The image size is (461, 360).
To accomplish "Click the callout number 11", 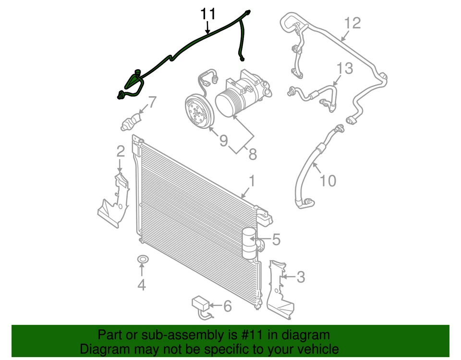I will coord(208,14).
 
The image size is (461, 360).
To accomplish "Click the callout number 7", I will coord(151,102).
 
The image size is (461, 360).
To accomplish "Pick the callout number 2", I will coord(121,152).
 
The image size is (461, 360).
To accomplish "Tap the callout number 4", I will coord(141,286).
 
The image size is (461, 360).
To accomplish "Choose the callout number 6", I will coord(227,305).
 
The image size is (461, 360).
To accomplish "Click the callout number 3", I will coord(300,277).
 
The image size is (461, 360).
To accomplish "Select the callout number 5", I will coord(276,239).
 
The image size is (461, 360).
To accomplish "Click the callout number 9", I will coord(223,140).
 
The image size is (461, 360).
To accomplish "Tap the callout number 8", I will coord(253,154).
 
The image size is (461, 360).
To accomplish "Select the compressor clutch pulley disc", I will coord(198,112).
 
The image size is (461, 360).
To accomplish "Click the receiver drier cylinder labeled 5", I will coord(249,243).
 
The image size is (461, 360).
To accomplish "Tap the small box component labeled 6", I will coord(201,303).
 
